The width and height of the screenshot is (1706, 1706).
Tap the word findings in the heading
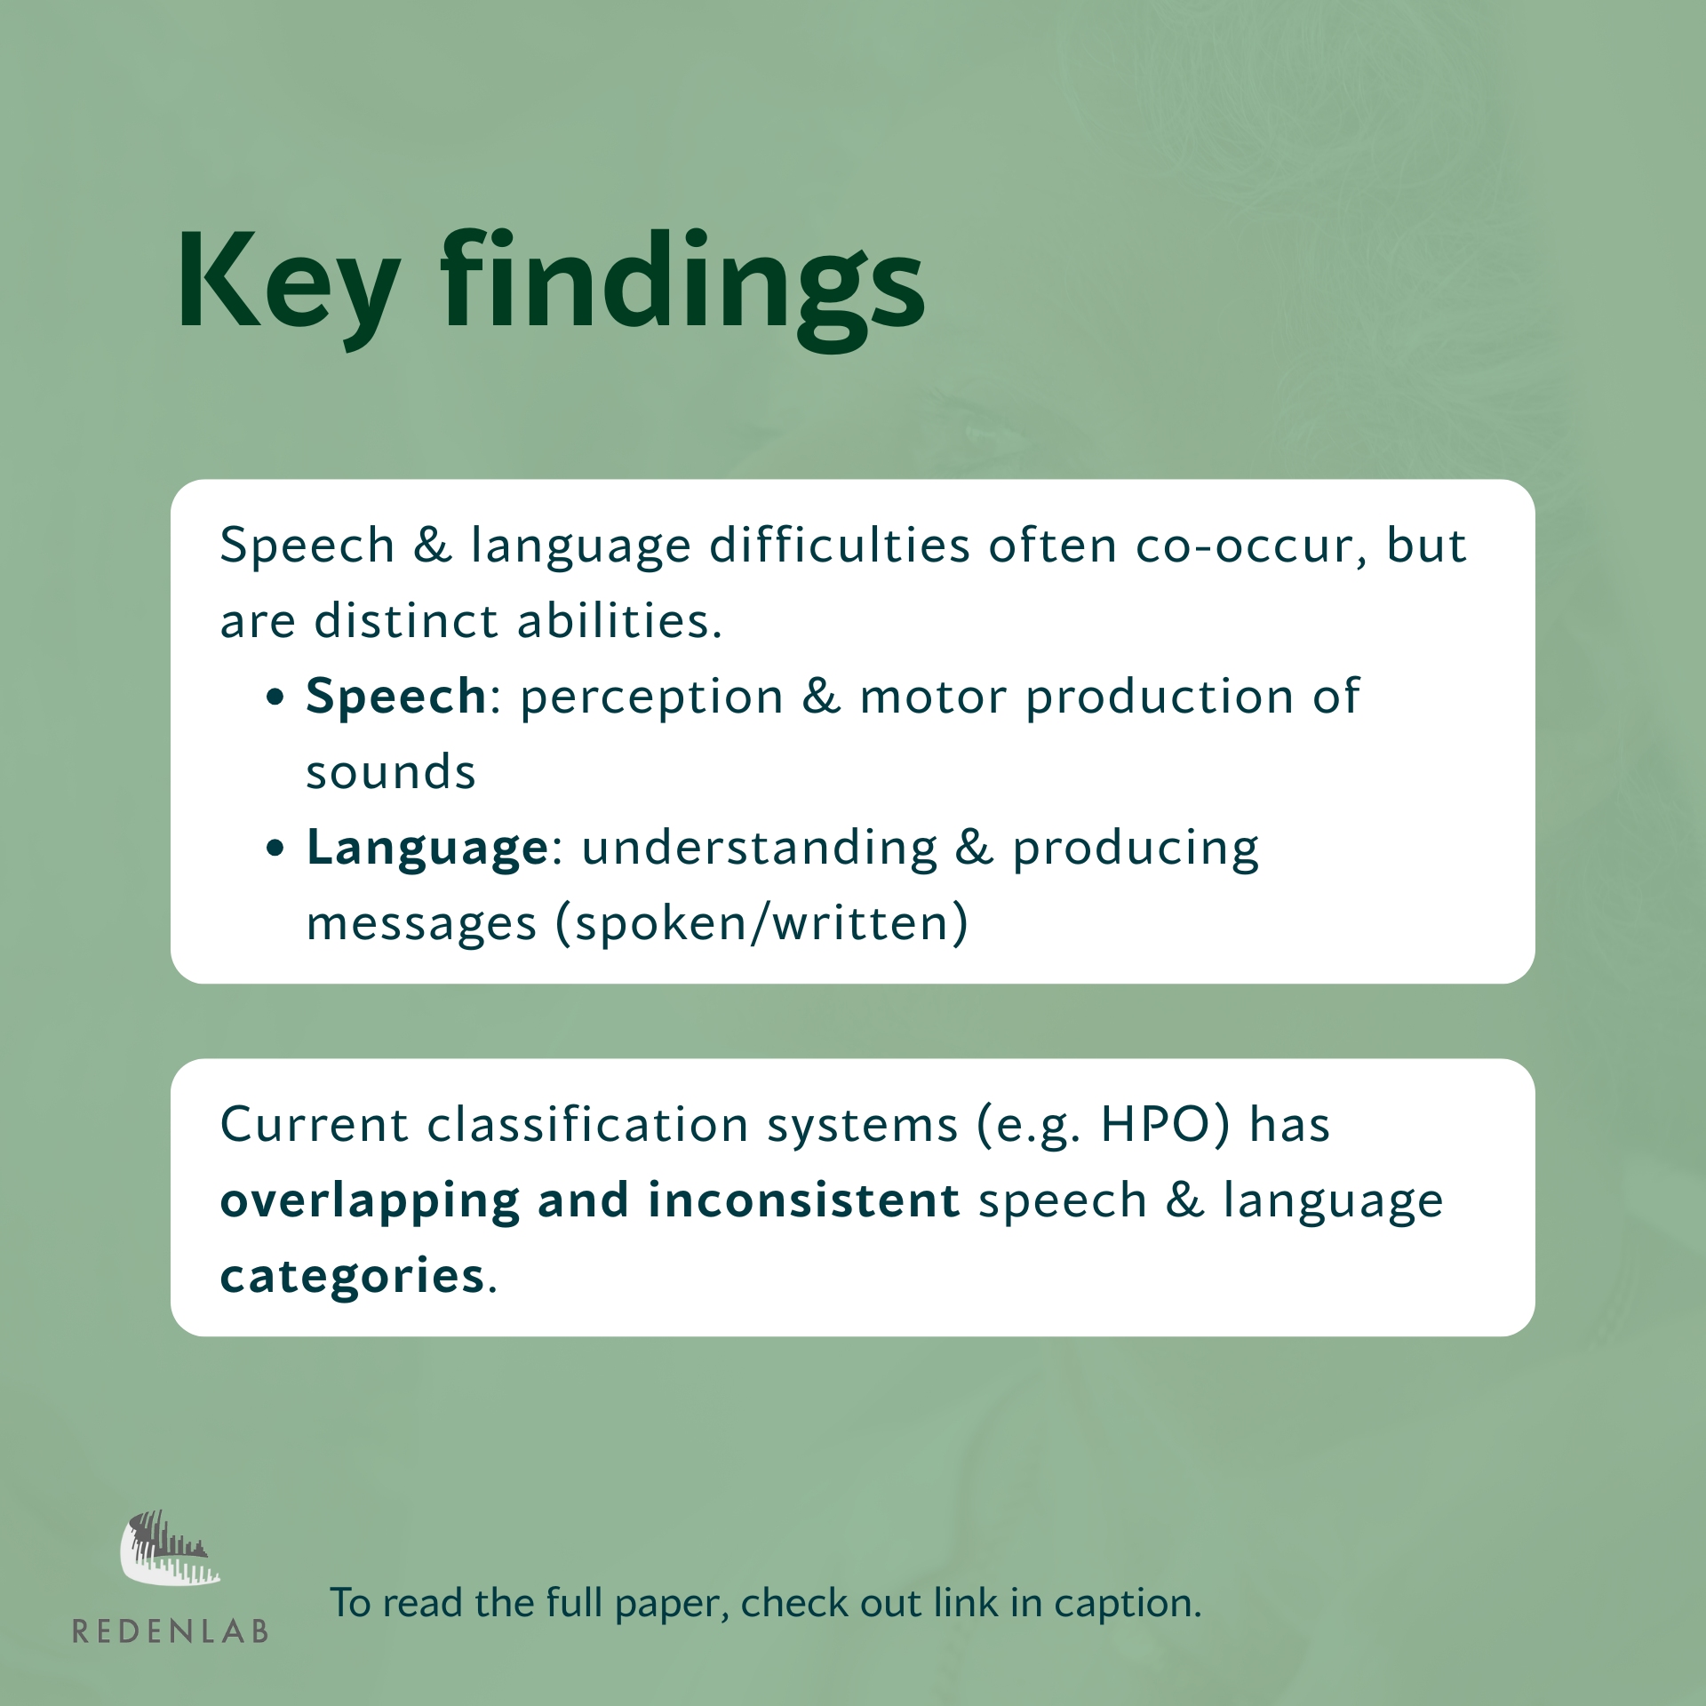(682, 287)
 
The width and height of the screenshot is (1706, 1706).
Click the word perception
(651, 698)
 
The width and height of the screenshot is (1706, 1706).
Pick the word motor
(933, 698)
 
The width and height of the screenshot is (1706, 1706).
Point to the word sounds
(391, 771)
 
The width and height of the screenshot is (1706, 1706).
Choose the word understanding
(760, 849)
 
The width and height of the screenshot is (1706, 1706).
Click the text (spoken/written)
(761, 924)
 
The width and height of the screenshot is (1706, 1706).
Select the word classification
(587, 1125)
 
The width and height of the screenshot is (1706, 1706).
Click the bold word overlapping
(370, 1201)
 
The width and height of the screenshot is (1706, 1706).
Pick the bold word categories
(352, 1277)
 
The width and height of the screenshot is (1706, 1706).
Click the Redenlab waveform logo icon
(169, 1547)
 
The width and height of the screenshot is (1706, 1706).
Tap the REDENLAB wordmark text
(171, 1632)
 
